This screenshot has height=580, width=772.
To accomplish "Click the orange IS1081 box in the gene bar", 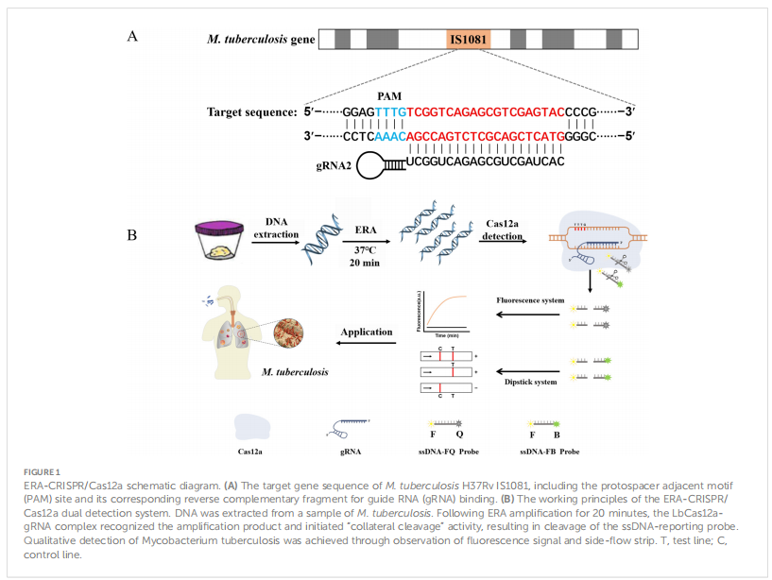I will (468, 40).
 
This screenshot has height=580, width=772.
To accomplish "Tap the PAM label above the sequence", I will (389, 96).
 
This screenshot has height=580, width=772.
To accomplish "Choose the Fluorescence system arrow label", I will (529, 300).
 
